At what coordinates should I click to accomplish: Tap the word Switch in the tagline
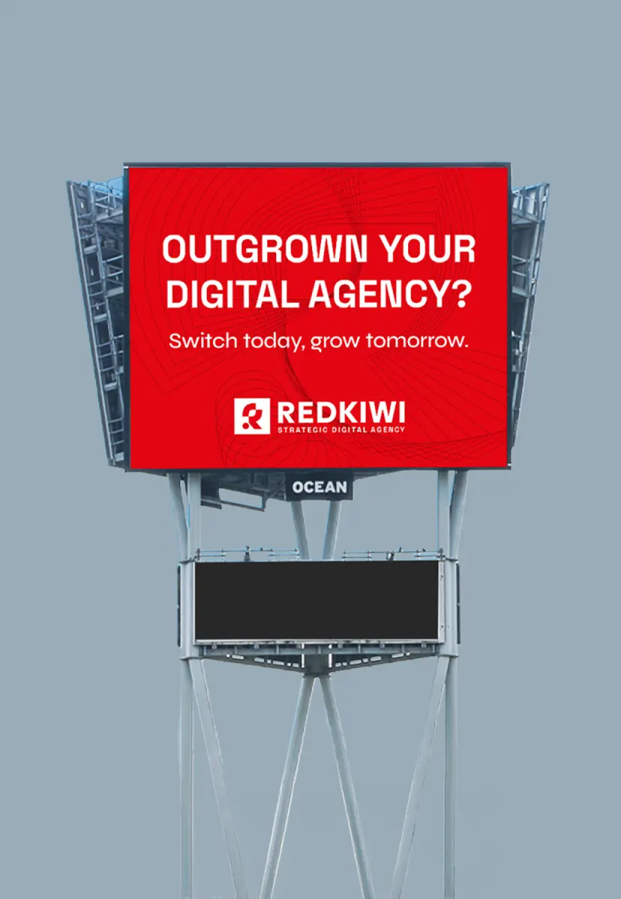coord(203,341)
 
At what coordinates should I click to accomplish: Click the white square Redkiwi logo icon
coord(252,417)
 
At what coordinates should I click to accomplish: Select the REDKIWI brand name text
coord(341,412)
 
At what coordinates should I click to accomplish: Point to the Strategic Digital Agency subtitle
coord(341,430)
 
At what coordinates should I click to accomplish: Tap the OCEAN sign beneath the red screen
coord(319,487)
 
